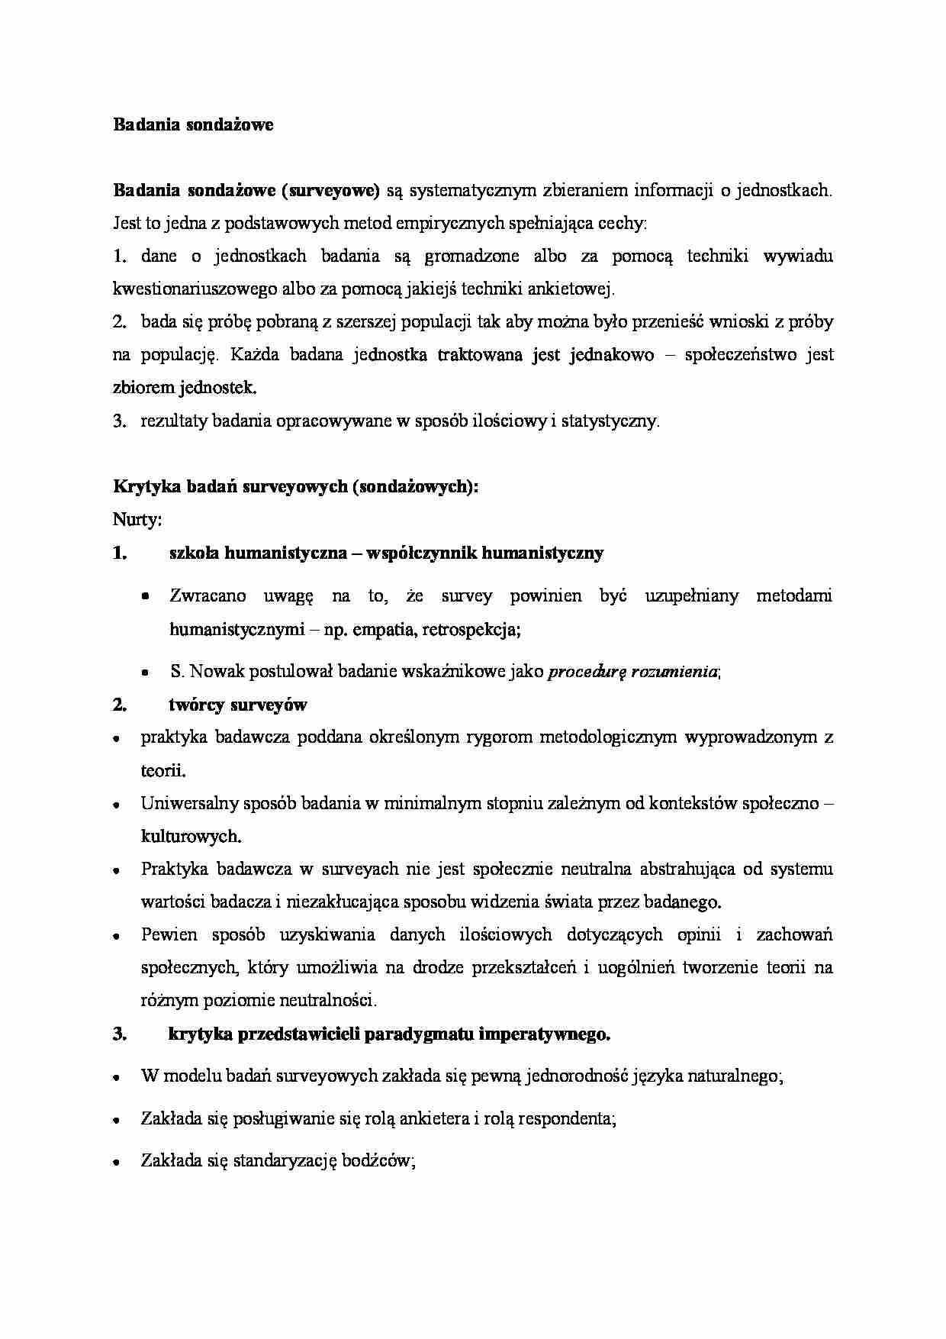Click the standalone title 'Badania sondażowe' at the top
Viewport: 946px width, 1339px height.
[x=193, y=124]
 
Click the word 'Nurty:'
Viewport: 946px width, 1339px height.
[x=137, y=520]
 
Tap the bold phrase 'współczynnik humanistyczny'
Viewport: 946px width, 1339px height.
[x=485, y=553]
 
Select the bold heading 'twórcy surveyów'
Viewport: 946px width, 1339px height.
[x=237, y=705]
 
